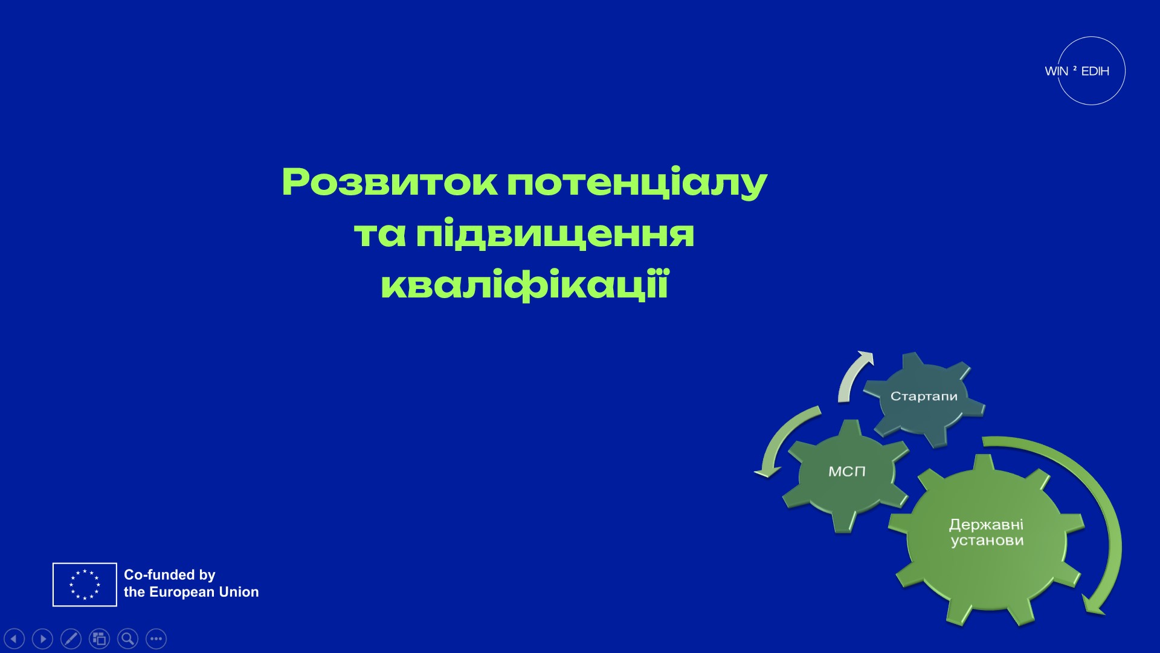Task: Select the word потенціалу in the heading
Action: click(637, 182)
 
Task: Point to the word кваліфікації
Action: click(524, 285)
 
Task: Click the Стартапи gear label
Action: click(924, 397)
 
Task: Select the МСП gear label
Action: click(846, 472)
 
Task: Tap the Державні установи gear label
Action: click(987, 532)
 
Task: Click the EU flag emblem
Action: click(85, 584)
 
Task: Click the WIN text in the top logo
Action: click(1056, 71)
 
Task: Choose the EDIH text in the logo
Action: click(1095, 71)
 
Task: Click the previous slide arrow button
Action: click(14, 638)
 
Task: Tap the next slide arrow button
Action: click(42, 638)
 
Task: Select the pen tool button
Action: click(71, 638)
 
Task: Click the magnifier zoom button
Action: click(127, 638)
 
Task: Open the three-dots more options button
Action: click(156, 638)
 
